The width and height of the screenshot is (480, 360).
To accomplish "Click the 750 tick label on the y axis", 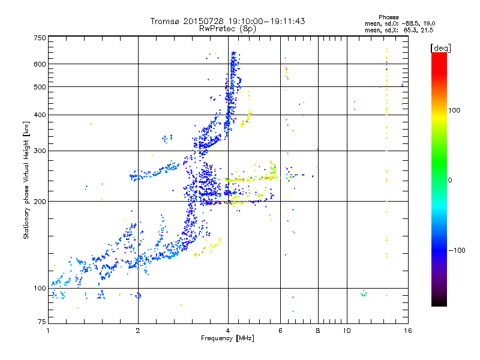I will (40, 38).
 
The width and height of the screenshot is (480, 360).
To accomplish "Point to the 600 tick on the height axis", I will (40, 64).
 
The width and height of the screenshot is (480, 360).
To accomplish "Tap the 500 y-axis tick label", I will (40, 87).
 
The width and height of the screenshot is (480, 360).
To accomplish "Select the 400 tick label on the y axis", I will (40, 115).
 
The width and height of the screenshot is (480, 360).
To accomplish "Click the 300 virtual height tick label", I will (40, 151).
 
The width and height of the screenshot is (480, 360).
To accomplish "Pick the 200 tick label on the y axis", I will (40, 202).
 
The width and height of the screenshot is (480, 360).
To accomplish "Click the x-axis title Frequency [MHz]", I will (227, 339).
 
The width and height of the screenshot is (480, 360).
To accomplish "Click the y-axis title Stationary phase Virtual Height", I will (26, 180).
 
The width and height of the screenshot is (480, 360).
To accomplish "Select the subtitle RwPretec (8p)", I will (227, 28).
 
